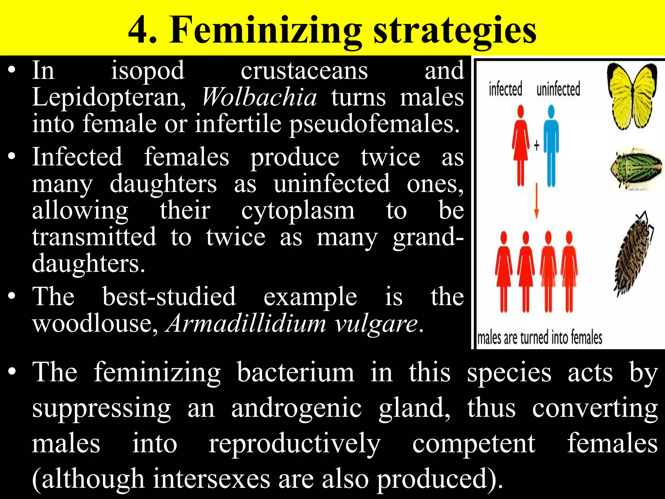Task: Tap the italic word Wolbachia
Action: [259, 97]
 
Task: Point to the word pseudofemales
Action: [374, 124]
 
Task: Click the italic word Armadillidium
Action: [246, 324]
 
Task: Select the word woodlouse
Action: [95, 324]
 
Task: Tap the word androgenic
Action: [296, 408]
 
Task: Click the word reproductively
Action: [294, 444]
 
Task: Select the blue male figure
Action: [551, 146]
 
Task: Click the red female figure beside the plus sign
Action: [521, 146]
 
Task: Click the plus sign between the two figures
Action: [536, 145]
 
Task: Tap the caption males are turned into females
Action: [540, 338]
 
